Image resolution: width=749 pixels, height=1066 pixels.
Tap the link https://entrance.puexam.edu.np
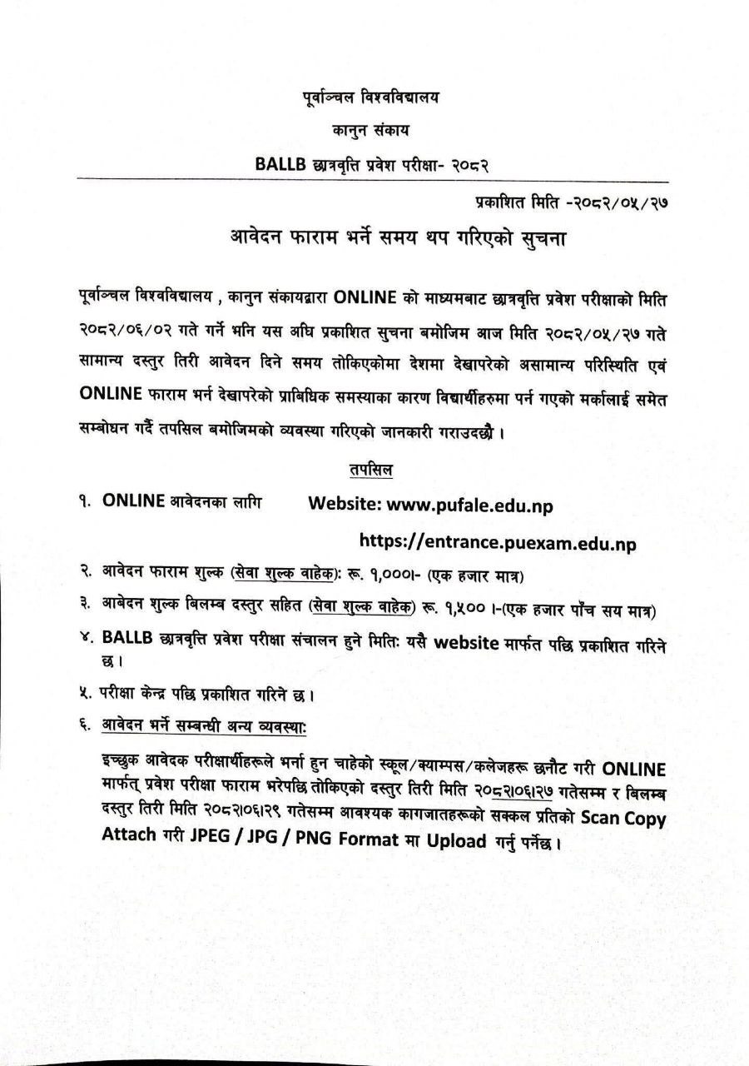(x=498, y=543)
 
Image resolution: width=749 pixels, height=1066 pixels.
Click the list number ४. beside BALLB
(x=87, y=639)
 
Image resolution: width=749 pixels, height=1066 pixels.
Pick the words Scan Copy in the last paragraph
(x=623, y=819)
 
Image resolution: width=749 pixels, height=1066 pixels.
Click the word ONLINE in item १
(x=133, y=501)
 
